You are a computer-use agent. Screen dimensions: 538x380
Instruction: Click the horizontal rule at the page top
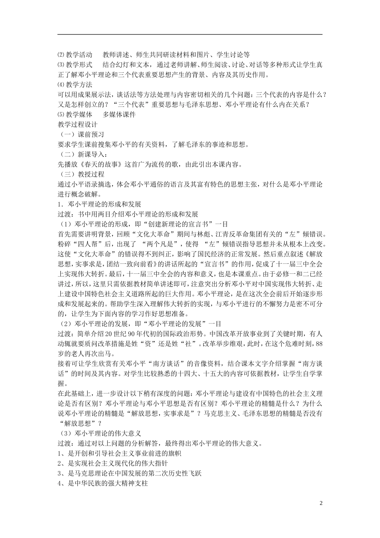[x=190, y=34]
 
